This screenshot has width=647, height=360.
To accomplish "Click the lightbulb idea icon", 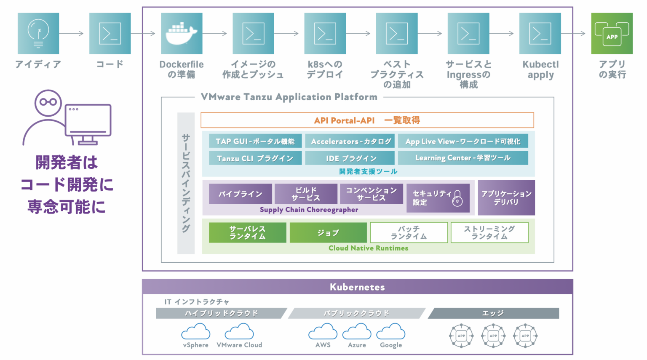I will pos(38,33).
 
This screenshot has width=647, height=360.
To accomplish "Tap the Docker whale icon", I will pos(182,33).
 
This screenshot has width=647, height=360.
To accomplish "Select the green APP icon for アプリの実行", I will pos(612,33).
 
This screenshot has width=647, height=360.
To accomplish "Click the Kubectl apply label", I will pos(540,70).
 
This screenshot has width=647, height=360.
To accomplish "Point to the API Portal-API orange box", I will pos(367,120).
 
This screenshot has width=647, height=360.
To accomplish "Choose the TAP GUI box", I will pos(255,141).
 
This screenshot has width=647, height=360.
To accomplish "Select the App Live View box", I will pos(463,141).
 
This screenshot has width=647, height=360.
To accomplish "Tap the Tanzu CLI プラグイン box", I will pos(255,158).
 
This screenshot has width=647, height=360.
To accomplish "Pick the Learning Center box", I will pos(463,158).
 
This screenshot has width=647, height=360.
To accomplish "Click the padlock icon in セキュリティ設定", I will pos(457,198).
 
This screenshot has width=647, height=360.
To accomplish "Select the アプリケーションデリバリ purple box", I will pos(506,197).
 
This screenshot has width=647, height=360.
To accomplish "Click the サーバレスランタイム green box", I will pos(247,232).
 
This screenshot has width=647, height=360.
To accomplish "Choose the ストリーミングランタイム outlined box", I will pos(489,232).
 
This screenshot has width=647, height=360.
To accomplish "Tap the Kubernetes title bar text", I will pos(357,287).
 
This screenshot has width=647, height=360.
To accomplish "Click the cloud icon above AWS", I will pos(323,332).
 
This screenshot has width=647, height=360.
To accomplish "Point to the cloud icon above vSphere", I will pos(195,332).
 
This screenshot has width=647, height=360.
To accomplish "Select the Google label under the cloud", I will pos(391,345).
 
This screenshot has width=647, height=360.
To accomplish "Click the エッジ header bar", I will pos(493,313).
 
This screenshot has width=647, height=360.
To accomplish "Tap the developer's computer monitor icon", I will pos(88,121).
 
